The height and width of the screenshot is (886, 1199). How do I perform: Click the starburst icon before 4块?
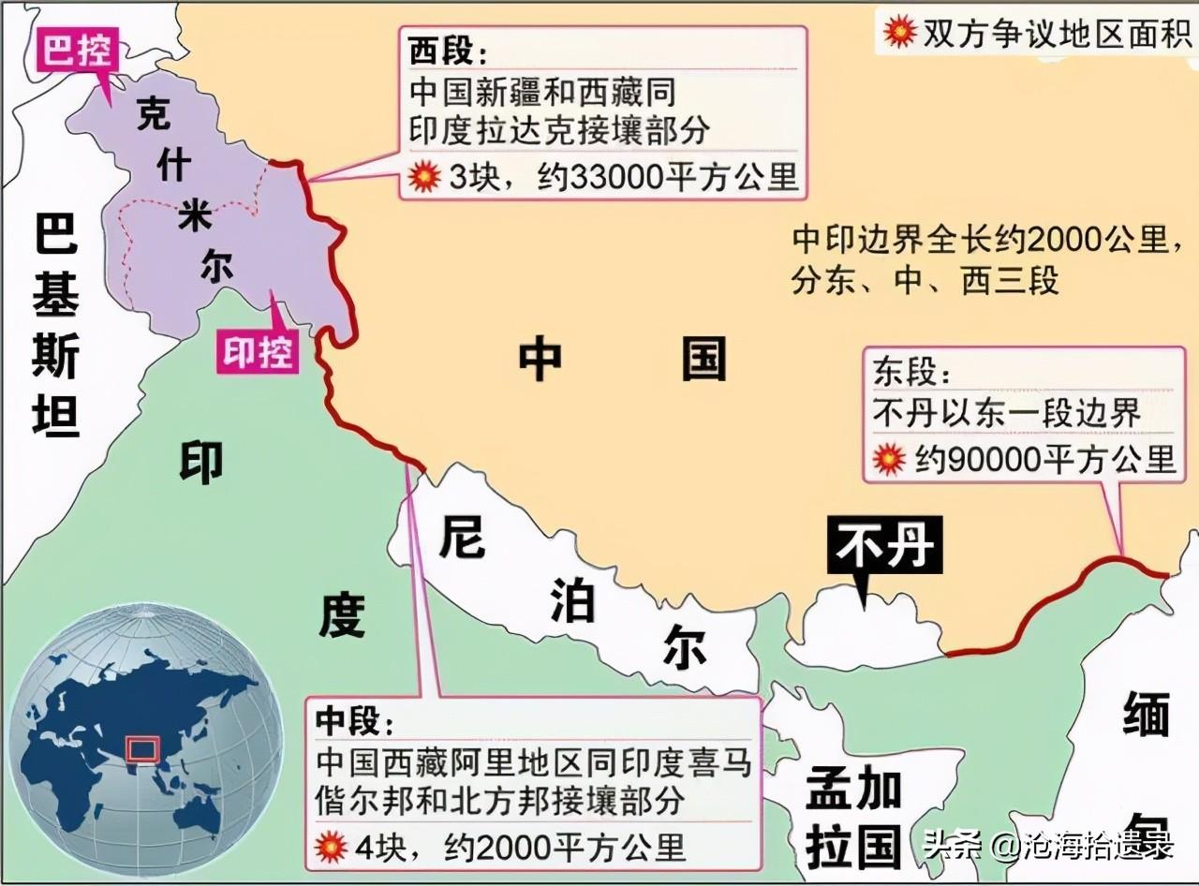click(x=333, y=847)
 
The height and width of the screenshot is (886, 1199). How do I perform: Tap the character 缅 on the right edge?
click(x=1146, y=717)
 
